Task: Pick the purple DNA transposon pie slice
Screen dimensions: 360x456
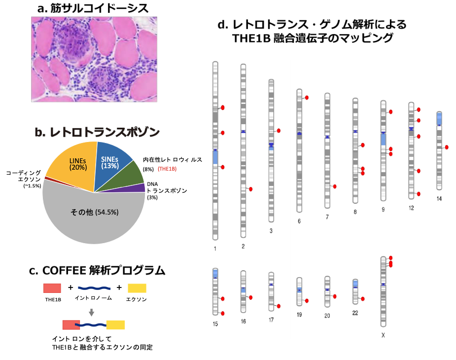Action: point(139,187)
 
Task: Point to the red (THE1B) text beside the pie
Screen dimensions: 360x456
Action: point(167,169)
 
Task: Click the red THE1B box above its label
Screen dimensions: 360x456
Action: point(52,288)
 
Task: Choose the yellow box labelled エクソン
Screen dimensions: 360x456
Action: point(137,288)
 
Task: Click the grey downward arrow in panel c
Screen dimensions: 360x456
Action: point(91,312)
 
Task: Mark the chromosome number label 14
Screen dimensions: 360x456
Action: point(439,198)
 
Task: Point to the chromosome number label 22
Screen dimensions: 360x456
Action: point(355,313)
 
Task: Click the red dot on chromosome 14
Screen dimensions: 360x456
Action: point(447,147)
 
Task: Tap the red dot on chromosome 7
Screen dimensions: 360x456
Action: point(335,186)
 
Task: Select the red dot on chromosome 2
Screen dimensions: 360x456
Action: point(250,189)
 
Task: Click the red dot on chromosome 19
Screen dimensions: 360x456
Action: point(307,301)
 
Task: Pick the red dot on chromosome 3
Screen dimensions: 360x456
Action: point(279,131)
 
